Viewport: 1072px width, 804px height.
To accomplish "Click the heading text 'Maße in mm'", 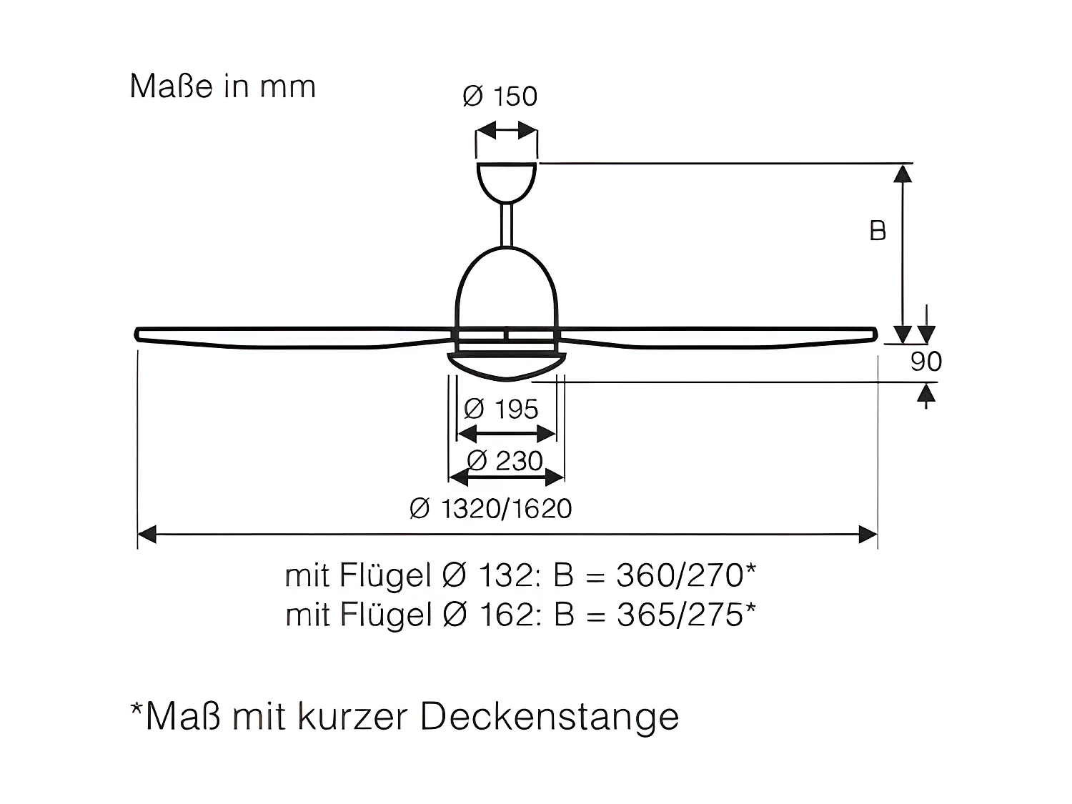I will pyautogui.click(x=222, y=86).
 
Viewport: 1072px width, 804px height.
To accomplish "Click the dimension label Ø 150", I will pyautogui.click(x=500, y=96).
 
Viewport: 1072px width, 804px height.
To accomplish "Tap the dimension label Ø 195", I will pyautogui.click(x=501, y=410).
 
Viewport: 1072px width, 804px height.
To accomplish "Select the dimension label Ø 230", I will pyautogui.click(x=505, y=461).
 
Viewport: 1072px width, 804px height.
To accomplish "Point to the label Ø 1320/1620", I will pyautogui.click(x=491, y=509).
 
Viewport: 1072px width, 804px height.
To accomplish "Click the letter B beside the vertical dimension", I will pyautogui.click(x=878, y=232).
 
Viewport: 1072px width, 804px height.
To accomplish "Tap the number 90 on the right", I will pyautogui.click(x=926, y=362).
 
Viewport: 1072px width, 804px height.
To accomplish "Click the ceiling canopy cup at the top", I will pyautogui.click(x=506, y=180).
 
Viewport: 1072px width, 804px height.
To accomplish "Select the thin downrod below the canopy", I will pyautogui.click(x=507, y=225).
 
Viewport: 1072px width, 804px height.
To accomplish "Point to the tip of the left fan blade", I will pyautogui.click(x=139, y=334).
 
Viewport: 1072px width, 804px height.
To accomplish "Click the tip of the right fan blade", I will pyautogui.click(x=874, y=333).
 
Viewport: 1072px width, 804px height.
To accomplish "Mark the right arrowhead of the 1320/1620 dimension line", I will pyautogui.click(x=868, y=534).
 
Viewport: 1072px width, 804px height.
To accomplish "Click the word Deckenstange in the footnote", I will pyautogui.click(x=549, y=717).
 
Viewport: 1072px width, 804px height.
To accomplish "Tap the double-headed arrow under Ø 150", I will pyautogui.click(x=507, y=131).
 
